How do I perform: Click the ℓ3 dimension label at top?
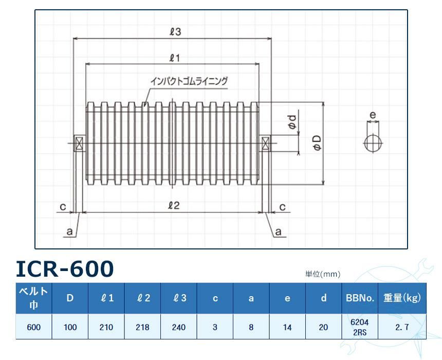(175, 32)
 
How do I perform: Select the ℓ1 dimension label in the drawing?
(173, 58)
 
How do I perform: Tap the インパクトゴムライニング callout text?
(189, 81)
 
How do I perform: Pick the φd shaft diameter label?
(291, 123)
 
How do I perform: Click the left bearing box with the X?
(80, 143)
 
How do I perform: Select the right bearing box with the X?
(266, 143)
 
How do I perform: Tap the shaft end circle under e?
(373, 143)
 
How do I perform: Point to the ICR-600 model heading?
(64, 268)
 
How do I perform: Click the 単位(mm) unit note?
(323, 274)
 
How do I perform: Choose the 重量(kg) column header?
(402, 298)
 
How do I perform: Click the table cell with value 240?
(178, 327)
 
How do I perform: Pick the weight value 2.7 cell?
(402, 327)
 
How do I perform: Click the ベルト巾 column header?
(33, 298)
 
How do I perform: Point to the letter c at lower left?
(62, 206)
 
